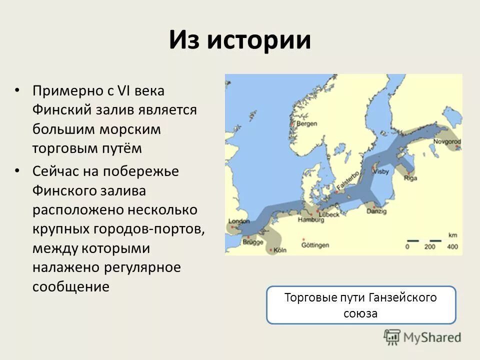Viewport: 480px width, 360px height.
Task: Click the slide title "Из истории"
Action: tap(239, 40)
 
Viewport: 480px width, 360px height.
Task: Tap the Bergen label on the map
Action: tap(306, 123)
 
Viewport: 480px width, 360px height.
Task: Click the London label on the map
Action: tap(238, 221)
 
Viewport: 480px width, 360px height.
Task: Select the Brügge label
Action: tap(252, 241)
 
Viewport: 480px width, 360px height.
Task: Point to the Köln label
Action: tap(280, 250)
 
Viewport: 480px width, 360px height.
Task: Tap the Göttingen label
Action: tap(316, 245)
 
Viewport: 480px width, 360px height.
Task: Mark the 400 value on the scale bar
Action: tap(452, 246)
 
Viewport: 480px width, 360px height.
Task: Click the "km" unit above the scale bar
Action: tap(453, 234)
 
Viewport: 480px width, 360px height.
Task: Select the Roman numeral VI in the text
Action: tap(123, 91)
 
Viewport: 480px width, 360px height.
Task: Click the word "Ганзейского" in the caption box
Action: tap(402, 297)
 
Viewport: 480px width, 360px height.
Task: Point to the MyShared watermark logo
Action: tap(422, 337)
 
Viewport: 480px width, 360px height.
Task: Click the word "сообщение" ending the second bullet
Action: tap(70, 286)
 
